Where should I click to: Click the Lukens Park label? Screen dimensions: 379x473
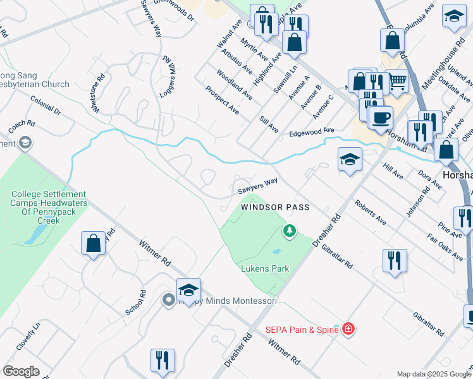265,268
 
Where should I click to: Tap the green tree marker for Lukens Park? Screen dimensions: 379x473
290,231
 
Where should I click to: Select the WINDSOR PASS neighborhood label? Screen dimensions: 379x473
275,207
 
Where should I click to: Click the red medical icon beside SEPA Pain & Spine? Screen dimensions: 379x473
347,328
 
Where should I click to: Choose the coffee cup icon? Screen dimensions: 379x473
380,117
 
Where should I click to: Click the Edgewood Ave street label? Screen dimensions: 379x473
311,131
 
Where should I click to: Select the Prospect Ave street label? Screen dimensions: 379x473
222,100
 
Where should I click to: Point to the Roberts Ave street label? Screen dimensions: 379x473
370,213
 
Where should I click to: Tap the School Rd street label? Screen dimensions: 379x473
135,303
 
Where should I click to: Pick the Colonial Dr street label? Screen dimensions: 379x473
45,105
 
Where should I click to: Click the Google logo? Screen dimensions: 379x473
21,371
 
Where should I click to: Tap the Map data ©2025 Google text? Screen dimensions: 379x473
433,374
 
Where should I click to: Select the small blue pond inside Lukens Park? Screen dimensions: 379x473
276,251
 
